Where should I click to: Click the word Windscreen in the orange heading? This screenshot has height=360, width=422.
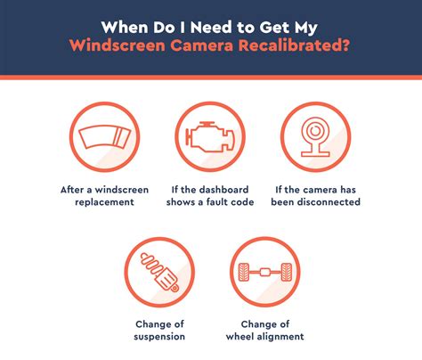pyautogui.click(x=118, y=45)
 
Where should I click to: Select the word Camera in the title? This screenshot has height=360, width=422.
pyautogui.click(x=201, y=45)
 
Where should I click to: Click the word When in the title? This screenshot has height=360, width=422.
pyautogui.click(x=125, y=28)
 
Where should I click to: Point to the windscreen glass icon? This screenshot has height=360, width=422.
pyautogui.click(x=104, y=137)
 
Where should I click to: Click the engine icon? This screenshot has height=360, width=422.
pyautogui.click(x=210, y=136)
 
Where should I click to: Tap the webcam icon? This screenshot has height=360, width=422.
pyautogui.click(x=315, y=136)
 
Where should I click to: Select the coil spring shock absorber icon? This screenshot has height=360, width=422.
pyautogui.click(x=159, y=272)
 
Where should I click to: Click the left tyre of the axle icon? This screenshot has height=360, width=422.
pyautogui.click(x=244, y=272)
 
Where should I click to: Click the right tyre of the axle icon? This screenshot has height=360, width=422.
pyautogui.click(x=287, y=272)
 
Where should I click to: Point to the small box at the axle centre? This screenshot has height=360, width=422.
pyautogui.click(x=265, y=272)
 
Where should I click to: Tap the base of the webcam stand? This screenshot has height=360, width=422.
pyautogui.click(x=315, y=154)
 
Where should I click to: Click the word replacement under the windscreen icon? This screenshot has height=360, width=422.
pyautogui.click(x=104, y=202)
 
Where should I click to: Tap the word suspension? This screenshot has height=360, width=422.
pyautogui.click(x=159, y=337)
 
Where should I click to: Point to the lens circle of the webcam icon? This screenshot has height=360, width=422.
pyautogui.click(x=315, y=131)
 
